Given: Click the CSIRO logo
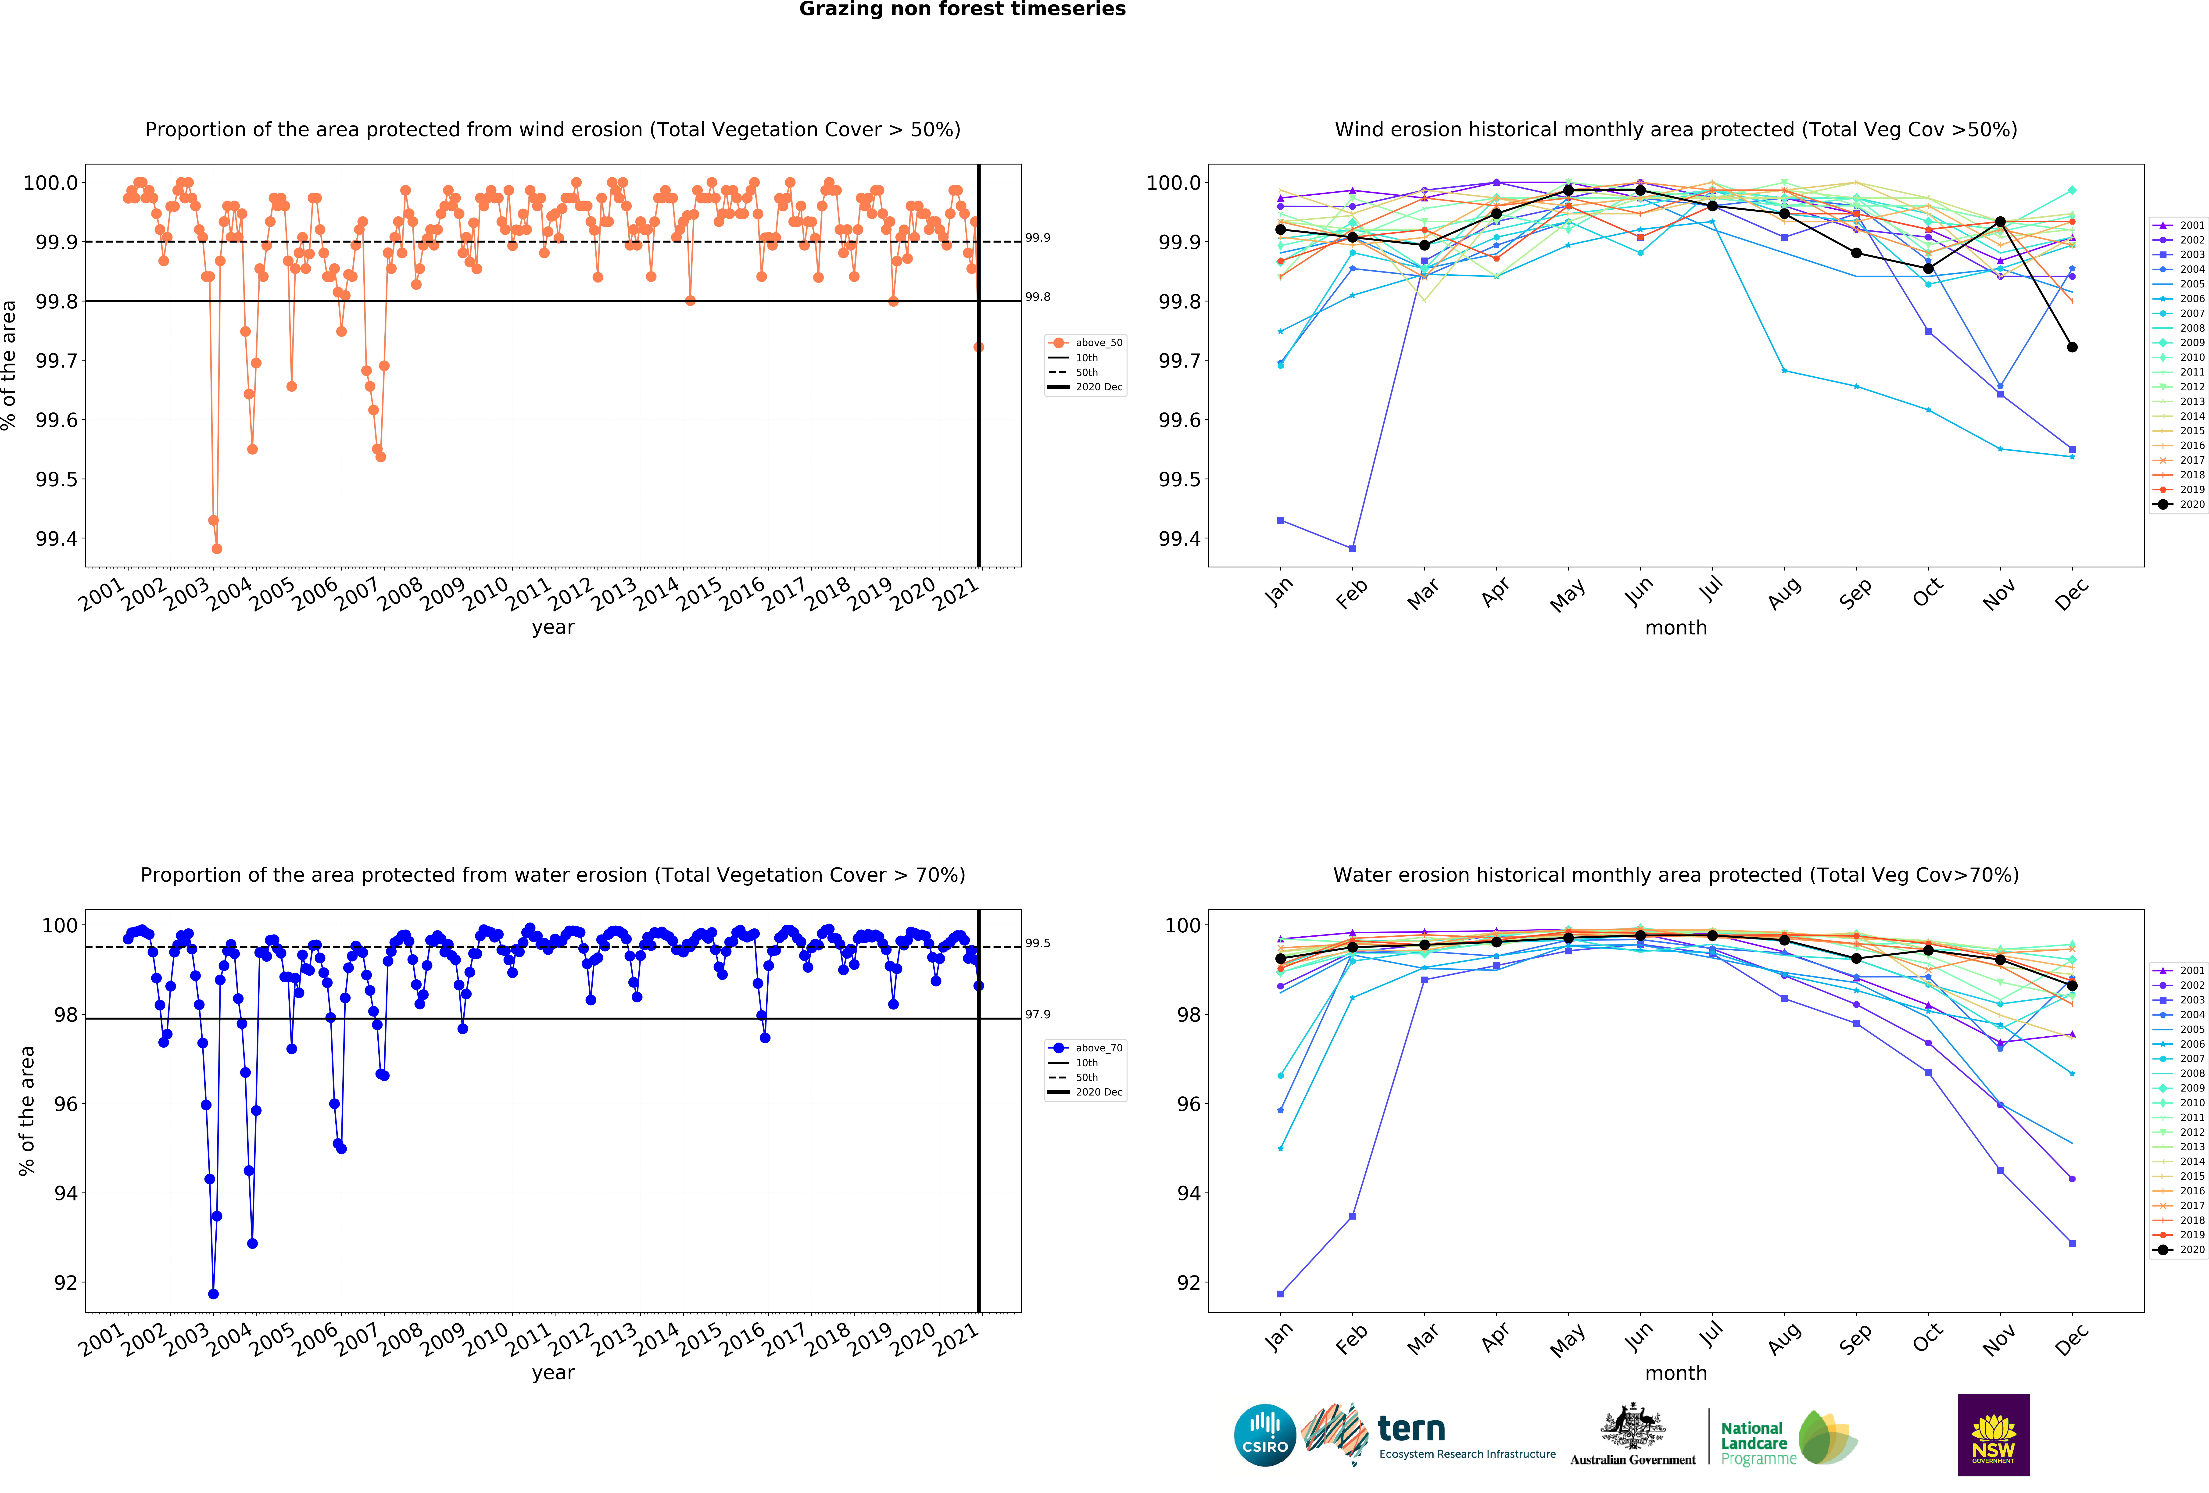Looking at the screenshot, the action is [1265, 1435].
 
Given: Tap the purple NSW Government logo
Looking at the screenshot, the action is [1993, 1435].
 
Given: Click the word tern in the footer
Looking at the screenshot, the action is [1411, 1428].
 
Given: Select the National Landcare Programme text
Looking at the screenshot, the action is [1758, 1443].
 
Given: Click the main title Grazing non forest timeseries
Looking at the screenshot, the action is [962, 10].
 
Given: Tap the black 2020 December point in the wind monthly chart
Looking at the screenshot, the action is [2072, 347].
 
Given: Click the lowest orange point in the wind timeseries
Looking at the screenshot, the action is [217, 548].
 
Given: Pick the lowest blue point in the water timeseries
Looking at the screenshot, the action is [213, 1293].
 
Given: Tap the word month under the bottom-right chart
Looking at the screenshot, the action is [1676, 1373].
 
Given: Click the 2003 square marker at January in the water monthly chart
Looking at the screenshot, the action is [1280, 1293].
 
